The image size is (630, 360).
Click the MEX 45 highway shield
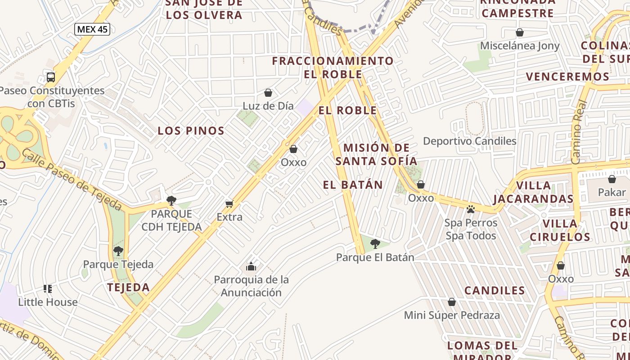click(92, 30)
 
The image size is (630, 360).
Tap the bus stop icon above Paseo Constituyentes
click(51, 77)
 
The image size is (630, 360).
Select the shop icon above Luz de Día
click(268, 93)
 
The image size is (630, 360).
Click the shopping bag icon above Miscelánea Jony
click(520, 32)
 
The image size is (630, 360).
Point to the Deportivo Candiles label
click(469, 141)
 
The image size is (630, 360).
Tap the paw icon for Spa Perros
click(471, 209)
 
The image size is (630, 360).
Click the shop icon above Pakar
click(612, 179)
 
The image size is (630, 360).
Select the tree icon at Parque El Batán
click(375, 244)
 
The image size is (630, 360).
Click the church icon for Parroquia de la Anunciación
click(251, 266)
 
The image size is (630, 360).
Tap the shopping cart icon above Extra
click(229, 204)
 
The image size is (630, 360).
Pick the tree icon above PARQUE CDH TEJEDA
click(171, 201)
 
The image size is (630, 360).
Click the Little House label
click(48, 302)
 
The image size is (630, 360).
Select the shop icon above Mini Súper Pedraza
click(452, 302)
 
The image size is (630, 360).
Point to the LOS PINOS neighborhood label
click(191, 131)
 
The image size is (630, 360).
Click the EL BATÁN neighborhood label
click(353, 184)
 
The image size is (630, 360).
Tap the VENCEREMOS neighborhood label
click(567, 76)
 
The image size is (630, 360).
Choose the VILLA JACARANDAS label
click(533, 192)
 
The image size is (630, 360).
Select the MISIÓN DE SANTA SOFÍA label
click(377, 154)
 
